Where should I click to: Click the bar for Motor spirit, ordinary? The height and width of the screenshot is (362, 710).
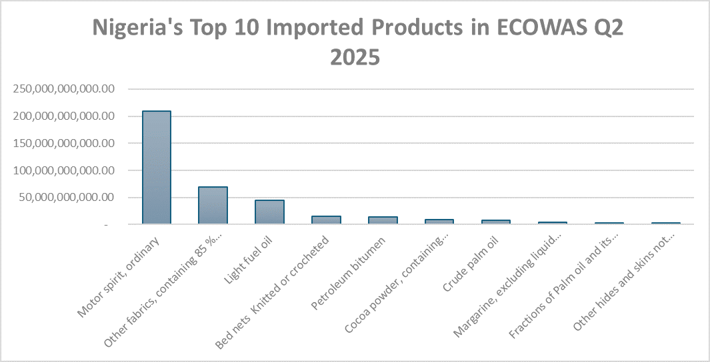tap(156, 168)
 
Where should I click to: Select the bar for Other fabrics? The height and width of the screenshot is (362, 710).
tap(213, 206)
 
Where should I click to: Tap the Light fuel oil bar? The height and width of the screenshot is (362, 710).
tap(269, 212)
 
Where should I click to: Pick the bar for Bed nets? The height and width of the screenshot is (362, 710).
tap(326, 220)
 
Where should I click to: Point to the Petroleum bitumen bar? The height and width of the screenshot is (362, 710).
tap(383, 220)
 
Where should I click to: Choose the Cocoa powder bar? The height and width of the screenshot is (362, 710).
tap(439, 222)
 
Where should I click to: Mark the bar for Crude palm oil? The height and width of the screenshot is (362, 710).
tap(496, 222)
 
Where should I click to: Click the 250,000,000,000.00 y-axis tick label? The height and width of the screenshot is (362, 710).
tap(65, 89)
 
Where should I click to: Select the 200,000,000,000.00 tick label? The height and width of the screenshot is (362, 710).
tap(65, 116)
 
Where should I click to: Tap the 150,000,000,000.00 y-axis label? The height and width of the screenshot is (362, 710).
tap(65, 143)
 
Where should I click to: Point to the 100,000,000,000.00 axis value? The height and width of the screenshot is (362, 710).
tap(65, 170)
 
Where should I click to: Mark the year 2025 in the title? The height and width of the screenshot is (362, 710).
tap(355, 57)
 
